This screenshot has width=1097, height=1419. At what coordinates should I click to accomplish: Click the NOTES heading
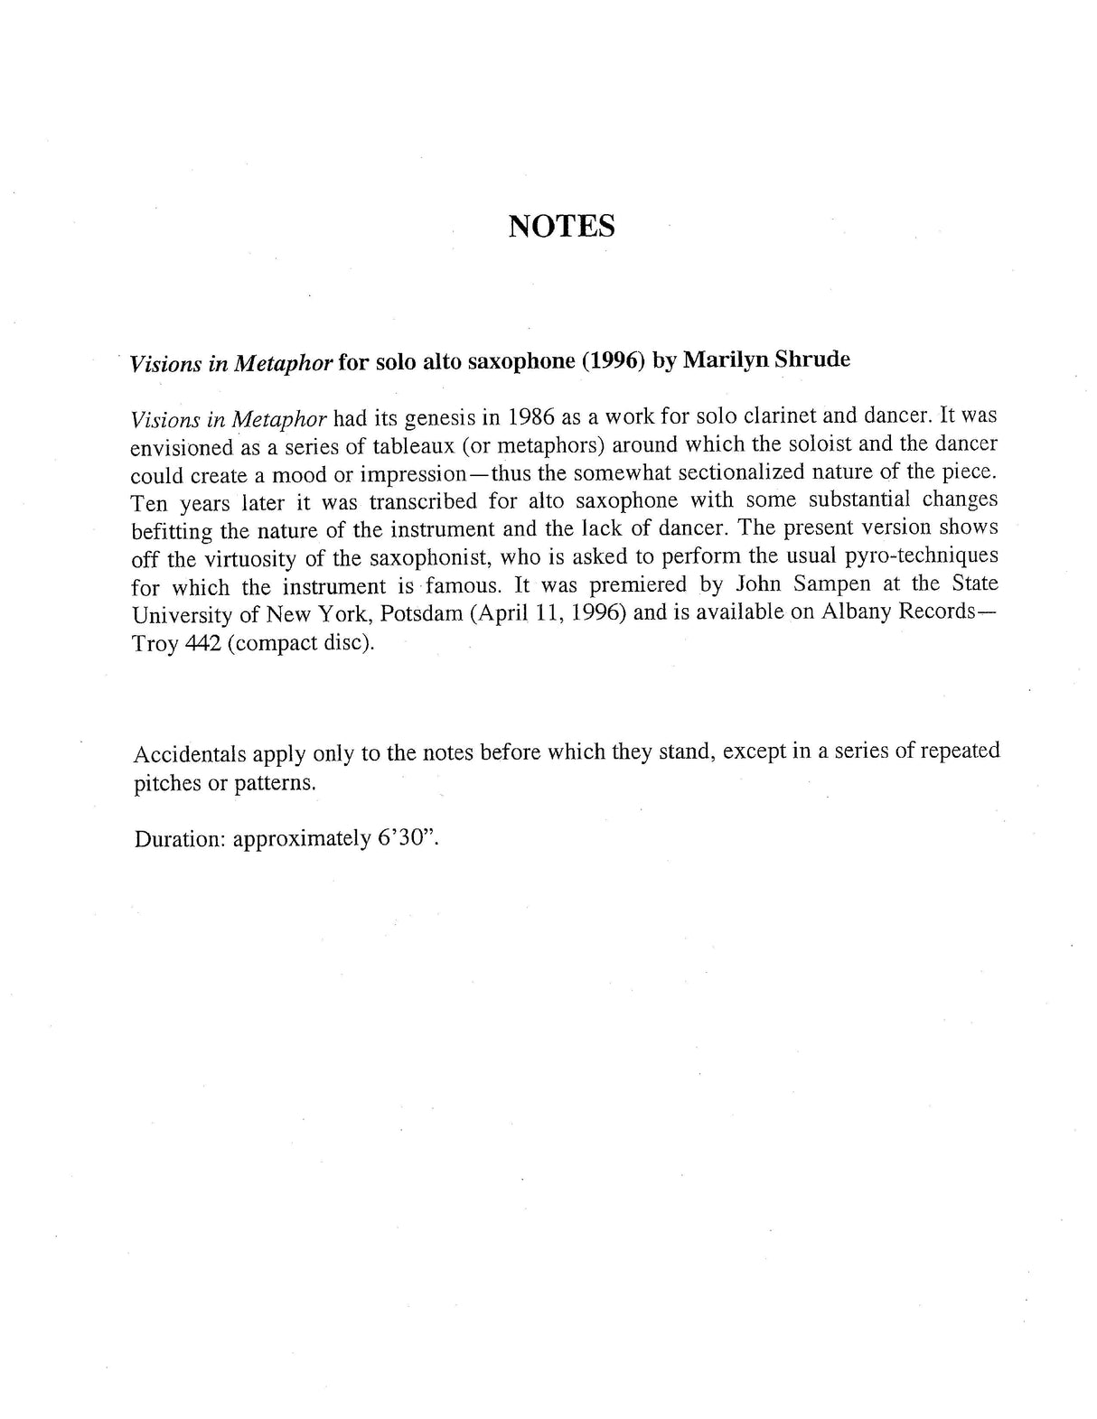click(561, 226)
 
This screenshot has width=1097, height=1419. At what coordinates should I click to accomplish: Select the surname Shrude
click(812, 359)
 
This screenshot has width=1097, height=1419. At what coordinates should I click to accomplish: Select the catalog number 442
click(200, 643)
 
